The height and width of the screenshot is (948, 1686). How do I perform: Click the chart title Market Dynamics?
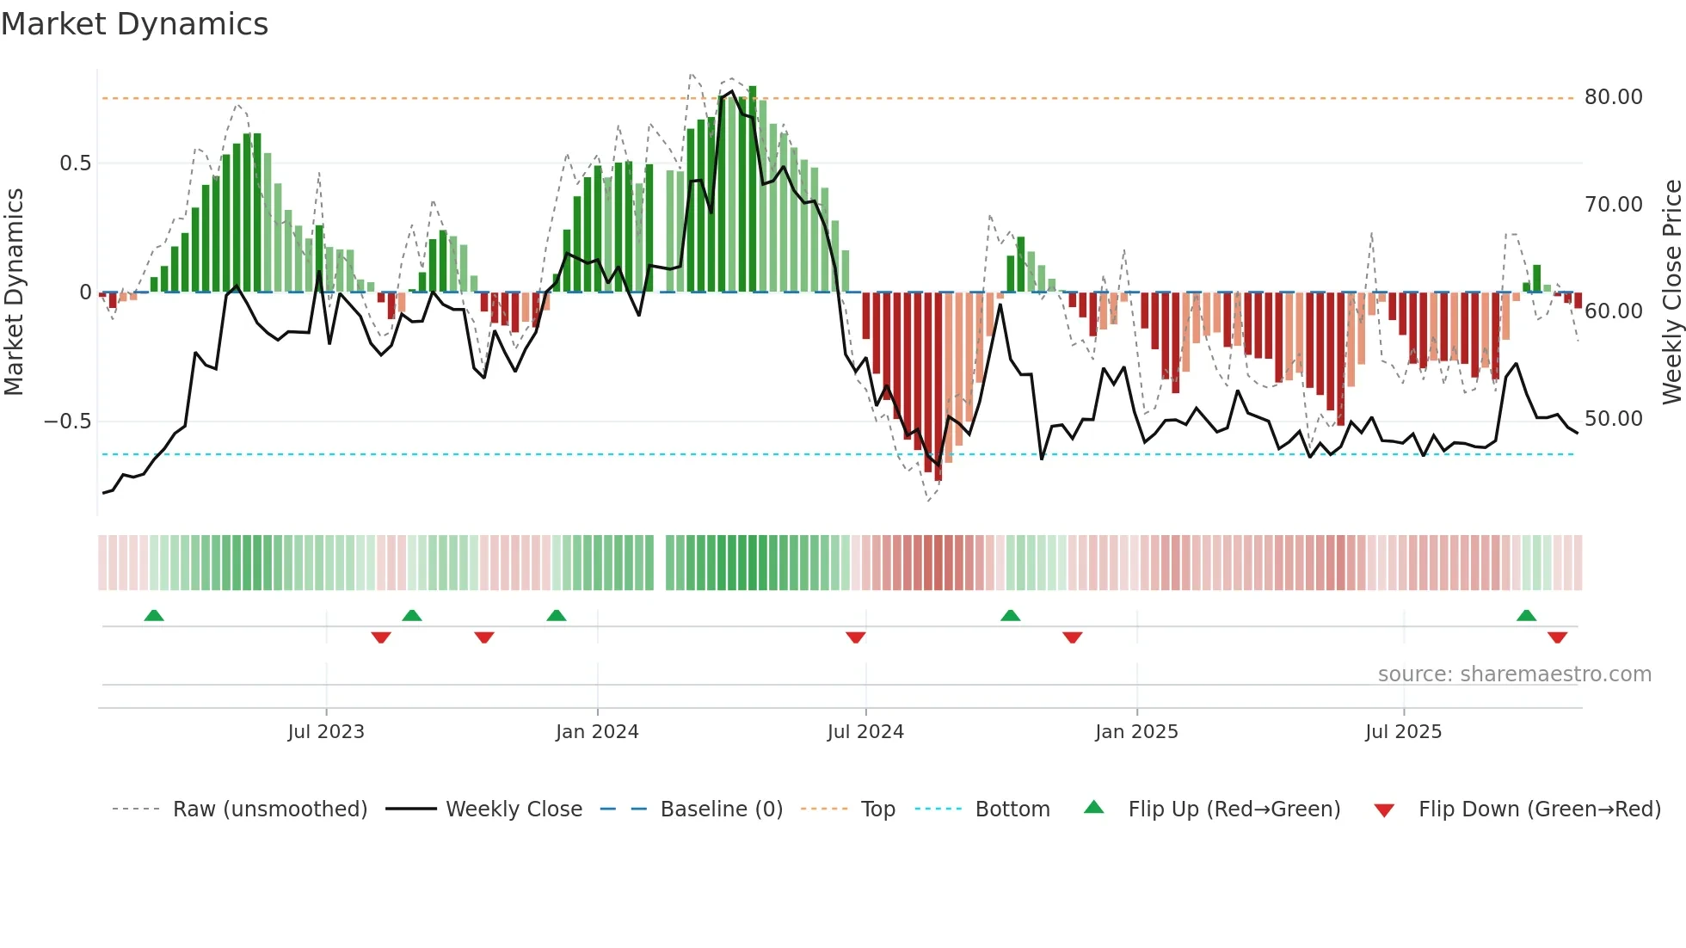[134, 24]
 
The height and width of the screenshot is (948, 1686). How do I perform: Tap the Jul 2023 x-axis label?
[326, 732]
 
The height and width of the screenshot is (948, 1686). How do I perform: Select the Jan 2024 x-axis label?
[597, 732]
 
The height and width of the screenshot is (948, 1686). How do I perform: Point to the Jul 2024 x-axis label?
[865, 732]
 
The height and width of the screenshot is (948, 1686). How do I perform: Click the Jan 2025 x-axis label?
[1136, 732]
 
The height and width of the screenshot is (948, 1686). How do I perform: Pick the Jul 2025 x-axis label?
[1403, 732]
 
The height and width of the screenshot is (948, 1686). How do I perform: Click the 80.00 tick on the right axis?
[1613, 97]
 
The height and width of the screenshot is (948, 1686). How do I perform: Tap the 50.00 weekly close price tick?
[1613, 419]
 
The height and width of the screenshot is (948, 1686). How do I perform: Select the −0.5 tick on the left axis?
[67, 422]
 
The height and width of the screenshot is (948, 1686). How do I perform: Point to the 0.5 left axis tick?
[75, 163]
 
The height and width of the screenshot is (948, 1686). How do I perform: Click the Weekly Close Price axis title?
[1671, 292]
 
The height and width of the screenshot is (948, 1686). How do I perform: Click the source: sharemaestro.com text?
[1514, 674]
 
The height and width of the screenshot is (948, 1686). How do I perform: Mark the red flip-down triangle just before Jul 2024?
[855, 637]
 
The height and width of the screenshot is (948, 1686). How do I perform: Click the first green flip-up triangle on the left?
[154, 615]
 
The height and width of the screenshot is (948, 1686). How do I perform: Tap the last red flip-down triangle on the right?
[1557, 637]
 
